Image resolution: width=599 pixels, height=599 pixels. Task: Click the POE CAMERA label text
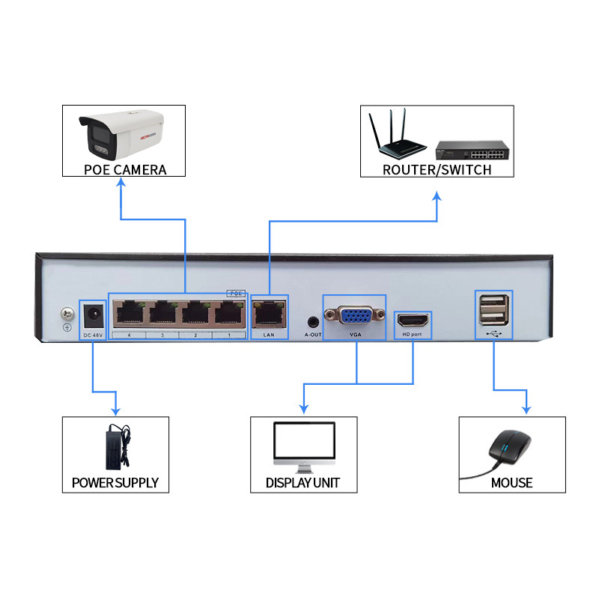[x=125, y=169]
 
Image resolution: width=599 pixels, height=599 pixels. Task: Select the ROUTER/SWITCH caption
[x=437, y=169]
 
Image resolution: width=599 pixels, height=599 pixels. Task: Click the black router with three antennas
[x=398, y=138]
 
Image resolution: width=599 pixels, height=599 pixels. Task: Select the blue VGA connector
[x=355, y=315]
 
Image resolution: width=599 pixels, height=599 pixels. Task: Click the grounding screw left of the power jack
[x=67, y=313]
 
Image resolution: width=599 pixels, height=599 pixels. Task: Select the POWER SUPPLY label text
[x=115, y=483]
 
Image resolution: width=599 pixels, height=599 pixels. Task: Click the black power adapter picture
[x=116, y=445]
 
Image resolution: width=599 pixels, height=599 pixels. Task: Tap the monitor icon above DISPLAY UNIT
[x=302, y=446]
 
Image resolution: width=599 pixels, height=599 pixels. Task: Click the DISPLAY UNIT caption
[x=302, y=483]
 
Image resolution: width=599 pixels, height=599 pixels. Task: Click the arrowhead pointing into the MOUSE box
[x=526, y=410]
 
